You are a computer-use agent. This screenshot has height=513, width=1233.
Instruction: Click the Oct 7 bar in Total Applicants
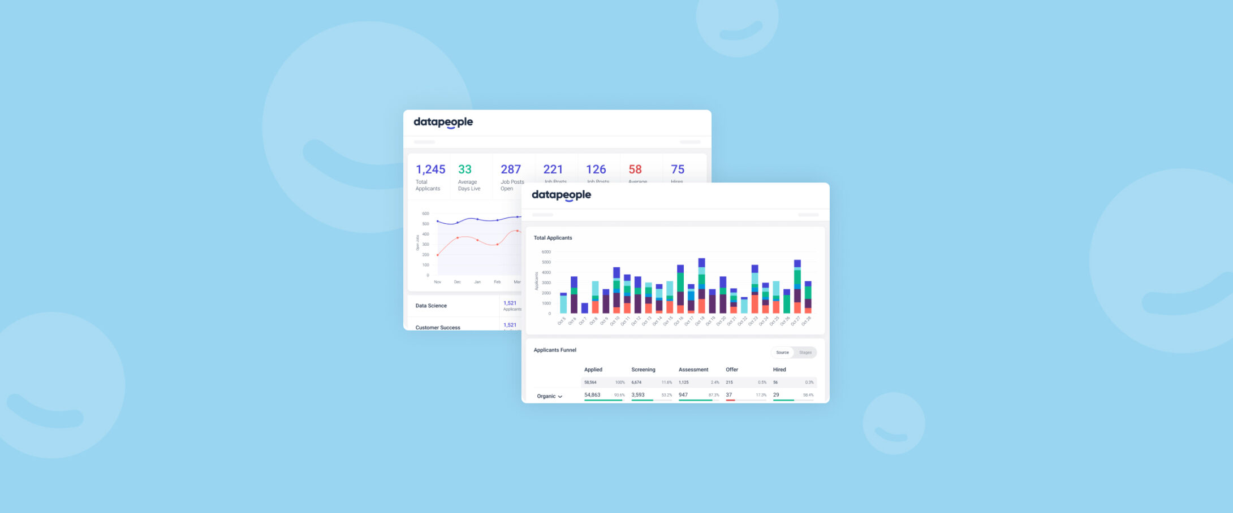[585, 308]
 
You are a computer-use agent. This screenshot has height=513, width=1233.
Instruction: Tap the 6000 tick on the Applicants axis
[546, 252]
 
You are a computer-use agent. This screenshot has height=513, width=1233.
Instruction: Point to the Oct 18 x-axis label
[700, 321]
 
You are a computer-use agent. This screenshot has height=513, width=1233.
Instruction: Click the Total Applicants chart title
[553, 238]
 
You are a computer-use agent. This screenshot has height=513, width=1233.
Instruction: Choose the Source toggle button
[782, 353]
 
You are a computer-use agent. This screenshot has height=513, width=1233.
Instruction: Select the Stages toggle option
[805, 353]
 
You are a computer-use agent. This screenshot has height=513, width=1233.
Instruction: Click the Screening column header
[643, 369]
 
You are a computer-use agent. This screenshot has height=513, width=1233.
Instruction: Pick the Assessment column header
[693, 369]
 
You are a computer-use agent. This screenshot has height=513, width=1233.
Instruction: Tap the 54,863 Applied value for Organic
[592, 395]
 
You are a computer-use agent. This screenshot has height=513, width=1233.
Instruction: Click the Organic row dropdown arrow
[560, 397]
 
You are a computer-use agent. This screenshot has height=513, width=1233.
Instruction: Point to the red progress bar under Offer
[730, 400]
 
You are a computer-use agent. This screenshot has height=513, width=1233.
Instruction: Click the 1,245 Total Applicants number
[430, 169]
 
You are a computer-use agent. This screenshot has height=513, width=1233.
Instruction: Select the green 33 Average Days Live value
[464, 169]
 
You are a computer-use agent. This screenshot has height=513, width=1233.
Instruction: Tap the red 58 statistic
[635, 169]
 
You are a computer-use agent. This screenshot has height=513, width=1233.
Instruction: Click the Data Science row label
[431, 306]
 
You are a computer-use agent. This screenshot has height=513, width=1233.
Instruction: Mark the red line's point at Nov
[437, 255]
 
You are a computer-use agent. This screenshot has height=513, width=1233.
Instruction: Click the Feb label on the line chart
[497, 282]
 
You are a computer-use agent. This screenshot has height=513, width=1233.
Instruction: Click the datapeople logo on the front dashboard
[561, 195]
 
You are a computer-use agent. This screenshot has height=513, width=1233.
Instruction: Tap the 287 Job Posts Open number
[510, 169]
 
